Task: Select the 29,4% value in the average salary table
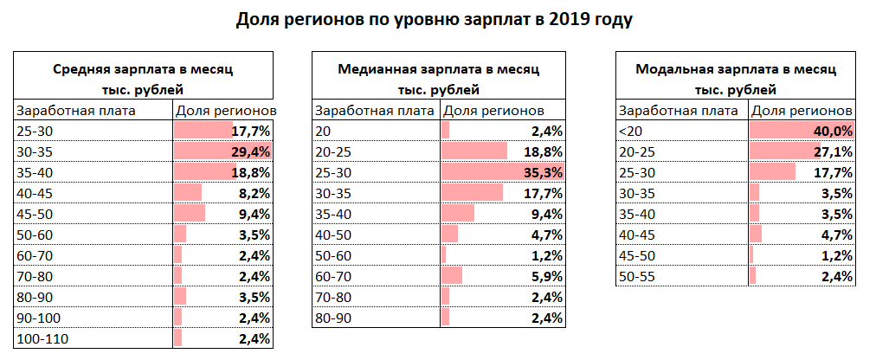tap(252, 151)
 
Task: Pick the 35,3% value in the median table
tap(544, 171)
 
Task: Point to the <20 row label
tap(629, 131)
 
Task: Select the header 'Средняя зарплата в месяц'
tap(143, 67)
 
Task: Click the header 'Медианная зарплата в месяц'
tap(438, 67)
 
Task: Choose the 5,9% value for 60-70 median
tap(547, 276)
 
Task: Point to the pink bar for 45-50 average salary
tap(190, 213)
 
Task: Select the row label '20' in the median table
tap(323, 131)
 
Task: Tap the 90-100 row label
tap(38, 318)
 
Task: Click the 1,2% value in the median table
tap(547, 255)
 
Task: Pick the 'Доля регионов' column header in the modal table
tap(802, 110)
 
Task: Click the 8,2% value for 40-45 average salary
tap(255, 193)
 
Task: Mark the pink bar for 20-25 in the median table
tap(473, 151)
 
